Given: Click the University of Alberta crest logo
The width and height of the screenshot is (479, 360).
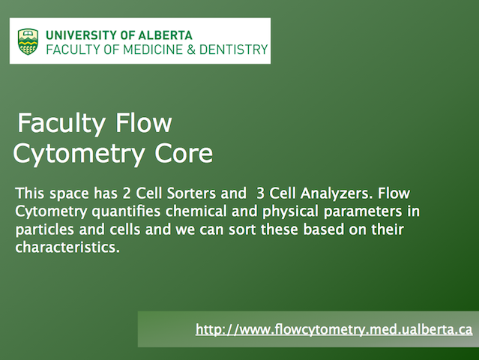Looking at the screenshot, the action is [x=28, y=41].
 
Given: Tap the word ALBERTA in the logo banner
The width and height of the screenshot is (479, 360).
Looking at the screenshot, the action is [x=165, y=35].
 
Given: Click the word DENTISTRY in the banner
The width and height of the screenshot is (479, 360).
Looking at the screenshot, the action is [x=234, y=49].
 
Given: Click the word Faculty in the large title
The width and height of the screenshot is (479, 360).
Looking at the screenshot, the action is [x=61, y=124].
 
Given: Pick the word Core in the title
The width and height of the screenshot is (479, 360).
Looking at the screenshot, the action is [x=184, y=153].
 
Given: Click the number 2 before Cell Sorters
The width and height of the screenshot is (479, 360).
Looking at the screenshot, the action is [x=127, y=193].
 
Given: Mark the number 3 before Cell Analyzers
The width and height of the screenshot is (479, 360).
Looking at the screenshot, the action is [x=260, y=193].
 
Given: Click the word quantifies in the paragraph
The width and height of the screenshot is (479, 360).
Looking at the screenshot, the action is [x=126, y=211].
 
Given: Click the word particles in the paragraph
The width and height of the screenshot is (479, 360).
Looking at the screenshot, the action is [x=44, y=229].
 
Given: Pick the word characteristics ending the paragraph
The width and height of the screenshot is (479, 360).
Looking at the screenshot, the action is [x=67, y=247].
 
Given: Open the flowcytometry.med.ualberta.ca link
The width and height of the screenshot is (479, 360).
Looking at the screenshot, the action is [x=334, y=329].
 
